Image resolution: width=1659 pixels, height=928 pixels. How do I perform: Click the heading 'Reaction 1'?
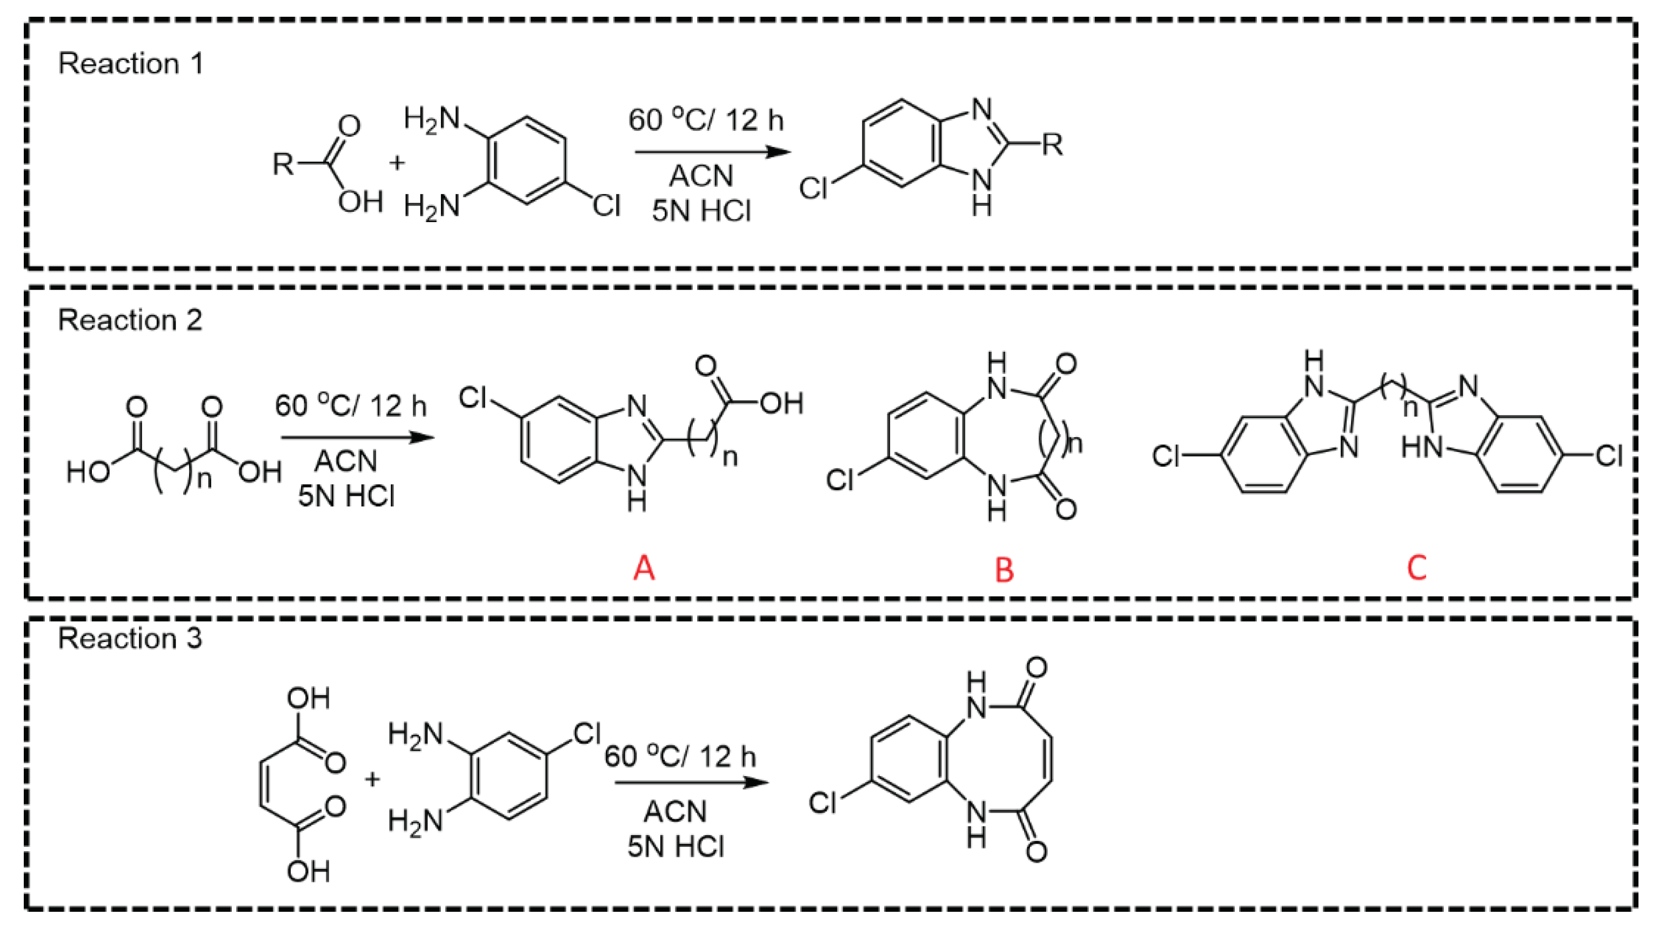[130, 64]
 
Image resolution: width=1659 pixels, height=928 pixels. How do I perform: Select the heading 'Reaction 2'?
[130, 320]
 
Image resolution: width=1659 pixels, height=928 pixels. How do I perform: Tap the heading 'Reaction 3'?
[130, 638]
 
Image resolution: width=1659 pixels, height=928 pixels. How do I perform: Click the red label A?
[644, 568]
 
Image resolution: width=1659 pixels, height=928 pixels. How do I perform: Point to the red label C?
[1417, 568]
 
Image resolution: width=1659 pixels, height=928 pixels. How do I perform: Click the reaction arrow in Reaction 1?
[712, 152]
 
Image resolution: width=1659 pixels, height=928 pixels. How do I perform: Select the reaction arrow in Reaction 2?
[357, 438]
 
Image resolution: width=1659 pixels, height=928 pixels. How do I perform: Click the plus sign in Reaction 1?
[397, 162]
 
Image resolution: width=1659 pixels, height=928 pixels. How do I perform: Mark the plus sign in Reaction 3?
[372, 779]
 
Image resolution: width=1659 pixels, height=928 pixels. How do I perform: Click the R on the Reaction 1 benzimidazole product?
[1052, 144]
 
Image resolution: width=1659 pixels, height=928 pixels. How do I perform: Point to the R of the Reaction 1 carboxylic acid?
[283, 164]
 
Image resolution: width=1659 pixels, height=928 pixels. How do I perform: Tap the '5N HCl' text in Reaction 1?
[701, 211]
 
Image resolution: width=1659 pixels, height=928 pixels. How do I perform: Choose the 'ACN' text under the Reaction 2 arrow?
[346, 461]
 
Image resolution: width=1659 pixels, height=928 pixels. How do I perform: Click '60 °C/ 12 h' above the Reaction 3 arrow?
[679, 756]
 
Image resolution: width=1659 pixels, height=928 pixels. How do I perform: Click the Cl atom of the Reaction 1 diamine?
[606, 206]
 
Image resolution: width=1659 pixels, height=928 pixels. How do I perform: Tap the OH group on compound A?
[781, 404]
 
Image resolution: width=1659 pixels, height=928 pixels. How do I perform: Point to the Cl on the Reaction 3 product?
[822, 803]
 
